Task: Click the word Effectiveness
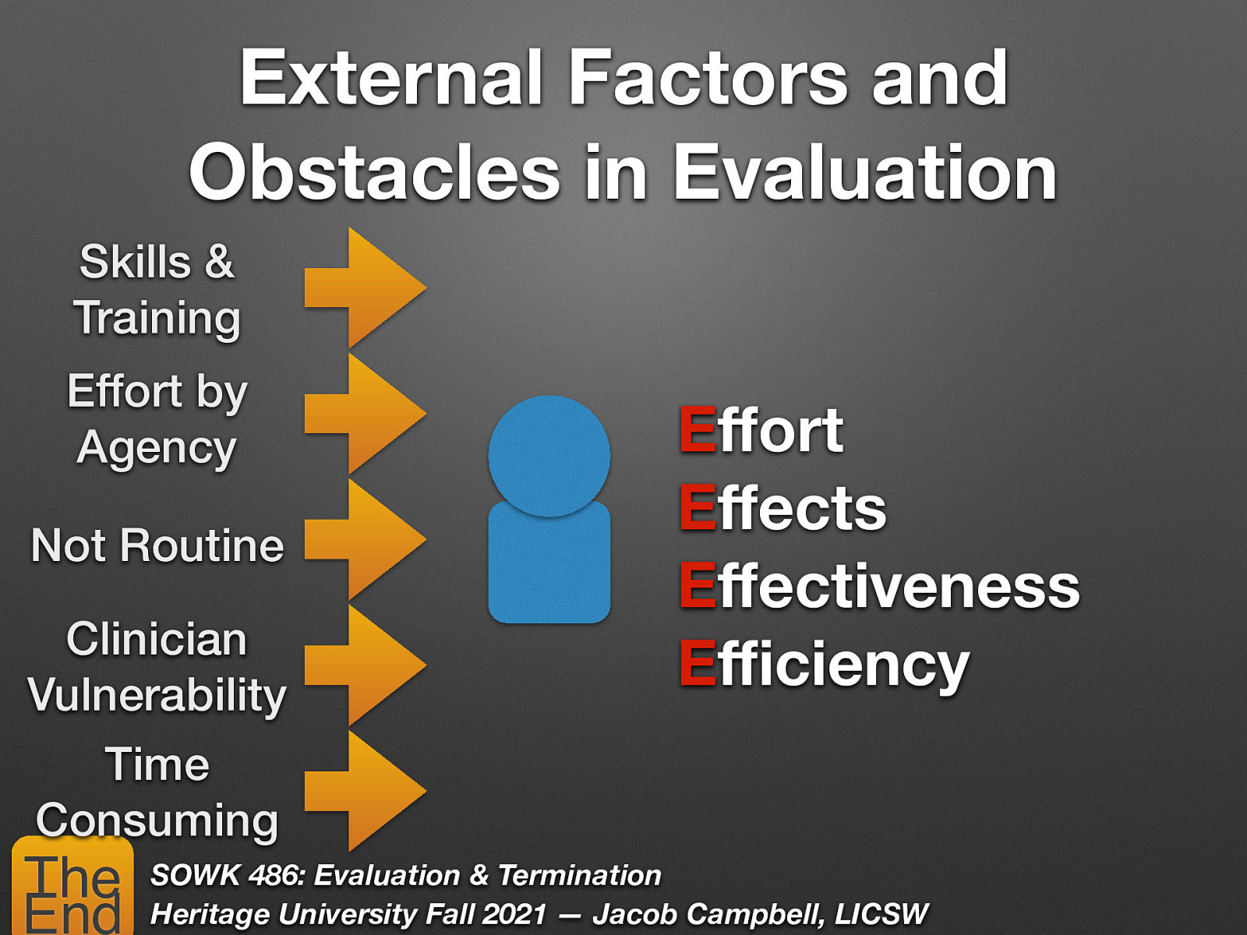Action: pyautogui.click(x=879, y=586)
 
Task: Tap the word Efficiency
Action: pyautogui.click(x=824, y=665)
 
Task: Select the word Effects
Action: pyautogui.click(x=782, y=508)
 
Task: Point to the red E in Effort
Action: pyautogui.click(x=697, y=429)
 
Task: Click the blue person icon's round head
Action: pyautogui.click(x=549, y=455)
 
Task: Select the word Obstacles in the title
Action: pyautogui.click(x=374, y=173)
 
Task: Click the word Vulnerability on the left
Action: pyautogui.click(x=157, y=695)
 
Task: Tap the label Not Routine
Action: pyautogui.click(x=157, y=545)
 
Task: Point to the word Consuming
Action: pyautogui.click(x=157, y=820)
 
